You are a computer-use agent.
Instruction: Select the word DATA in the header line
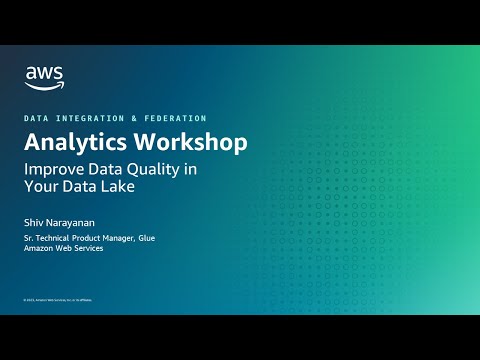point(36,118)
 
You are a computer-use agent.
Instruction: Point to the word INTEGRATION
point(90,118)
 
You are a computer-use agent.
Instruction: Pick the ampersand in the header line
point(137,118)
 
